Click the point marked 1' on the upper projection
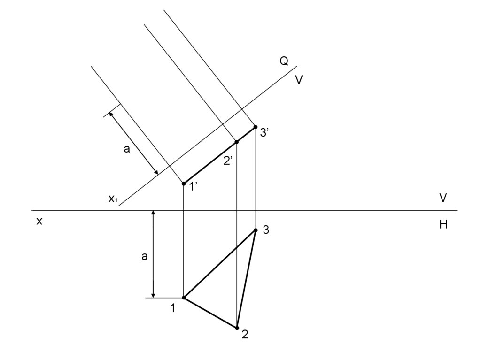click(x=184, y=184)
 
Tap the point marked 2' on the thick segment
click(x=237, y=142)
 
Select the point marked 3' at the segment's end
click(x=256, y=127)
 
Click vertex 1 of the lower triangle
click(x=184, y=298)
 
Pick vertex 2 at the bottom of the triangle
click(x=237, y=328)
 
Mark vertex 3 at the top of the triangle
click(x=256, y=230)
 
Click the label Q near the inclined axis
click(x=284, y=61)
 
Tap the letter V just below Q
click(x=299, y=80)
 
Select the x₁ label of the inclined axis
click(x=113, y=199)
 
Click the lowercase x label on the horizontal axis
click(x=39, y=221)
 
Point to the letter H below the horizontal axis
click(x=443, y=225)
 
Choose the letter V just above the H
click(x=443, y=198)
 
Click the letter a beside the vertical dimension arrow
click(x=145, y=256)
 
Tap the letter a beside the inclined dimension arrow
click(x=126, y=150)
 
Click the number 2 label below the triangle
click(x=245, y=335)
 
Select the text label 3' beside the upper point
click(x=264, y=133)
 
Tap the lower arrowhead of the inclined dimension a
click(x=156, y=173)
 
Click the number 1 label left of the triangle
click(x=173, y=308)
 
